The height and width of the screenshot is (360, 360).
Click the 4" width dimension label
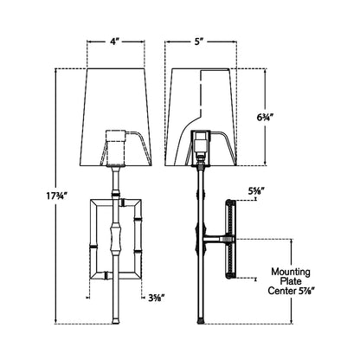(114, 42)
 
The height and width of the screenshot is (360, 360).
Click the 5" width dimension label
(197, 42)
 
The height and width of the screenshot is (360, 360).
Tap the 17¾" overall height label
(56, 196)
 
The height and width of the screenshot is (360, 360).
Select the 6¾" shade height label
(265, 118)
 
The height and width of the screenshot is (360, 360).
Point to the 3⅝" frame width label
(157, 298)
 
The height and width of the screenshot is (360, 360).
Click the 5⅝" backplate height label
(256, 191)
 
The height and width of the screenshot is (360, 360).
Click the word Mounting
(291, 272)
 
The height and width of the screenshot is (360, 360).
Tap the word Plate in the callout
(291, 281)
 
